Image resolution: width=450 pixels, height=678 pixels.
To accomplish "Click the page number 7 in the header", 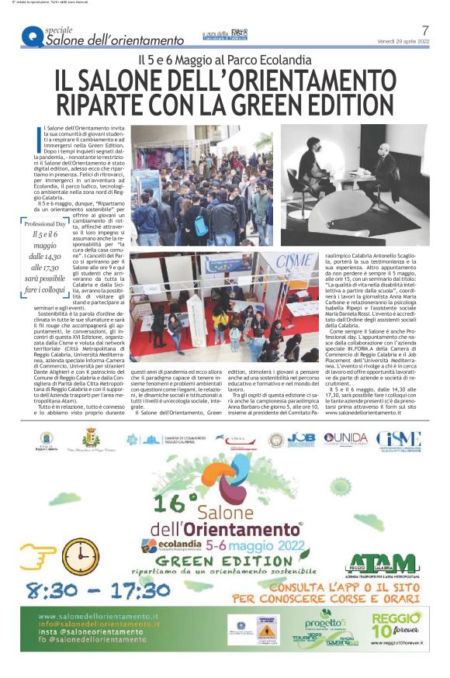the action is pos(425,30).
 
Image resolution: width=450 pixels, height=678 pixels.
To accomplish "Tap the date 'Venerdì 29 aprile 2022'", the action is pos(402,41).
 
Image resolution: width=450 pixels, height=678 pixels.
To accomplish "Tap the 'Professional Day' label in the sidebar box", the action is pos(45,223).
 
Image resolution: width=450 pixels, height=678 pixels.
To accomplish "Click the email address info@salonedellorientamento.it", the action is pos(96,624).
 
